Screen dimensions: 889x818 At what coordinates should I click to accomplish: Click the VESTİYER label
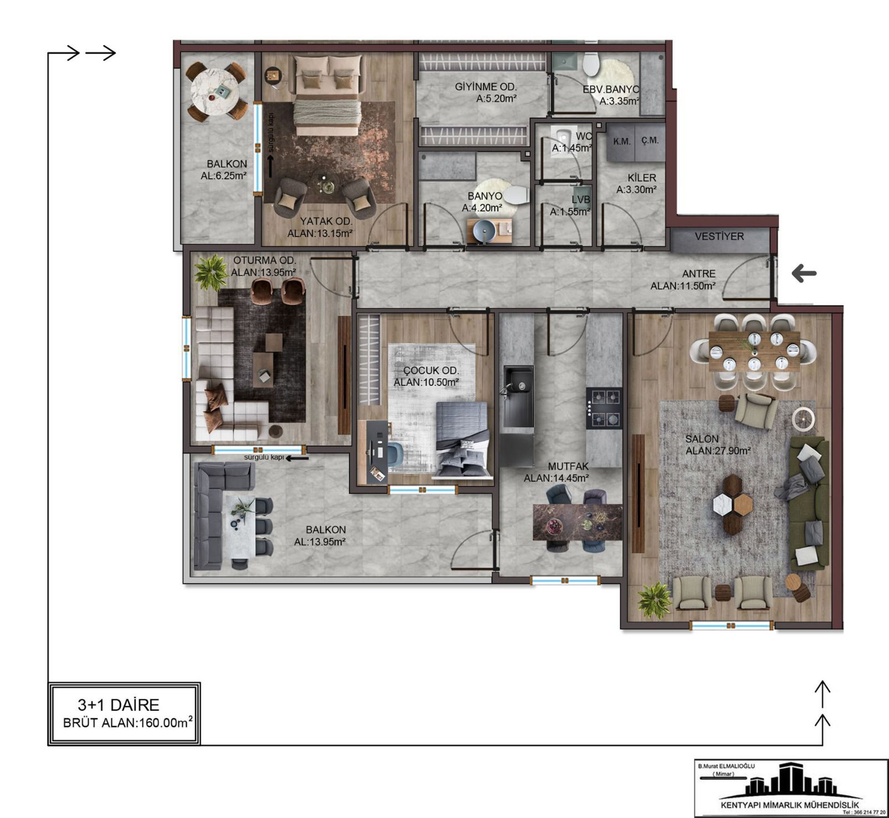coord(719,237)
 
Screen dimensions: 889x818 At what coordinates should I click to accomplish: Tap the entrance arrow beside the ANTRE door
coord(804,273)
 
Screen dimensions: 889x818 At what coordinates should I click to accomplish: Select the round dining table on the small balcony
coord(215,91)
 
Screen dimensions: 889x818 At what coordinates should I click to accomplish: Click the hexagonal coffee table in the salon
coord(733,504)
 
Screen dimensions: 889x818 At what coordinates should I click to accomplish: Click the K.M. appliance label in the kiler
coord(622,141)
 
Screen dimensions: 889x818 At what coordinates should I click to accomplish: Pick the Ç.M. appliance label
coord(650,140)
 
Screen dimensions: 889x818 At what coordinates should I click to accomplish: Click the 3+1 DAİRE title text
coord(118,705)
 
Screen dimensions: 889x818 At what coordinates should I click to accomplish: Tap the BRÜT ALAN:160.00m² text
coord(128,722)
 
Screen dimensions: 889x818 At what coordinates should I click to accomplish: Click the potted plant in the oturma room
coord(211,272)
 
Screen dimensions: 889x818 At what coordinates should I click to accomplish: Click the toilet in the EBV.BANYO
coord(591,64)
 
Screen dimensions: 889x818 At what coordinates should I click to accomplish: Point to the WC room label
coord(583,136)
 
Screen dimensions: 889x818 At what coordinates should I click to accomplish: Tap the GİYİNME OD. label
coord(486,87)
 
